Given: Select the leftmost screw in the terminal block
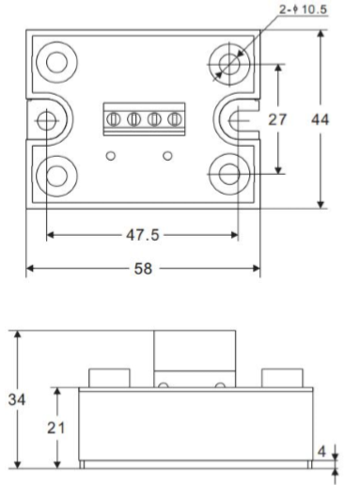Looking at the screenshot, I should tap(115, 118).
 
